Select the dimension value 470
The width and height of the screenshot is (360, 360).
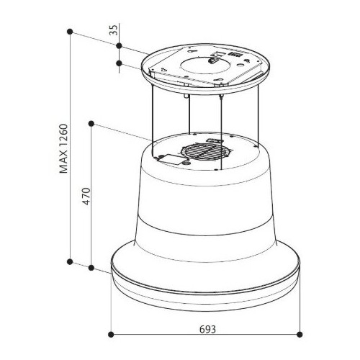coord(86,196)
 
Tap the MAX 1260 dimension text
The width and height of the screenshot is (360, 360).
coord(63,148)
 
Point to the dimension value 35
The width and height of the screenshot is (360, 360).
coord(114,30)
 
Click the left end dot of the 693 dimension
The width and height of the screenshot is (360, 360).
coord(111,334)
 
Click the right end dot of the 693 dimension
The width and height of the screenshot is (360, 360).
coord(300,334)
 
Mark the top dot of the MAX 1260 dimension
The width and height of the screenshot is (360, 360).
coord(70,32)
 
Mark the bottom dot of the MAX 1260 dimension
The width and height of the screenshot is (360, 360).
coord(70,262)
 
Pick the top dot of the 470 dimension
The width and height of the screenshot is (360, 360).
coord(91,124)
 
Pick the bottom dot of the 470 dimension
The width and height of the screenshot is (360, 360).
coord(91,268)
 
